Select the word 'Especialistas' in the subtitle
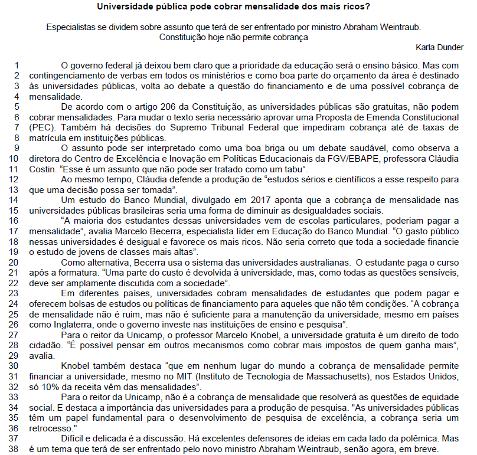pos(70,27)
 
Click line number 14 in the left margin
pos(15,201)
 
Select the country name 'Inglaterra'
pos(67,325)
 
